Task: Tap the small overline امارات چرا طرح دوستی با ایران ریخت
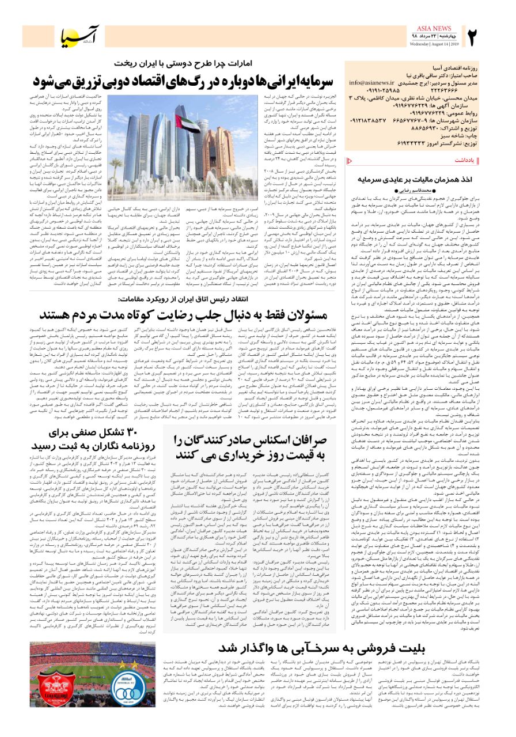click(188, 62)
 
